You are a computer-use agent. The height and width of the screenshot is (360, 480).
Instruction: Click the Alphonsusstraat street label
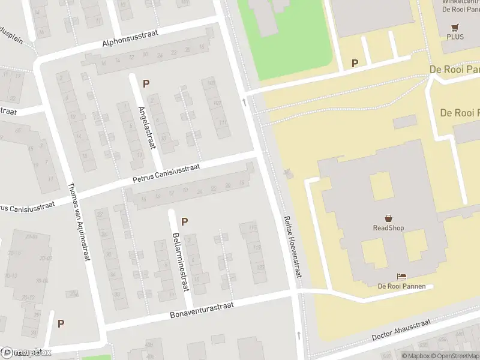tap(130, 38)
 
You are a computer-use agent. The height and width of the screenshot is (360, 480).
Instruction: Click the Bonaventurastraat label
tap(201, 310)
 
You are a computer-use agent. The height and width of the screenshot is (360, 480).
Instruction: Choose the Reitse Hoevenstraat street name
tap(292, 247)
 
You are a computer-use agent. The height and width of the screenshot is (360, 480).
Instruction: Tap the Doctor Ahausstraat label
tap(401, 330)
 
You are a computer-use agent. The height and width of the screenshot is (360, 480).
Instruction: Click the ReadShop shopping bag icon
tap(388, 218)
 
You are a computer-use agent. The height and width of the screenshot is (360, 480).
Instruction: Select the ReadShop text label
tap(388, 228)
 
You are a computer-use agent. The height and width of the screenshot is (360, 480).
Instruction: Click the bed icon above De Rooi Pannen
tap(401, 276)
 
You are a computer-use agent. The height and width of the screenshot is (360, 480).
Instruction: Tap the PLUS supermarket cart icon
tap(455, 27)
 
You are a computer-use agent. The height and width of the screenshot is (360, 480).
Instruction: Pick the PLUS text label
tap(455, 37)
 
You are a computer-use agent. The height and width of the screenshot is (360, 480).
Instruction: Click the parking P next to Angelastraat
tap(146, 83)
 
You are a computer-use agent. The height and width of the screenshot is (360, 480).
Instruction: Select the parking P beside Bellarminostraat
tap(184, 221)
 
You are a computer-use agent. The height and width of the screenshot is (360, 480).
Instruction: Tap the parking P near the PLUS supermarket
tap(355, 63)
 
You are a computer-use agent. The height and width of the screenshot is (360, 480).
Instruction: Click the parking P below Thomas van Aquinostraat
tap(61, 323)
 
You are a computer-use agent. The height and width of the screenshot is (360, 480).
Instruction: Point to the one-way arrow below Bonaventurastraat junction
tap(299, 334)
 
